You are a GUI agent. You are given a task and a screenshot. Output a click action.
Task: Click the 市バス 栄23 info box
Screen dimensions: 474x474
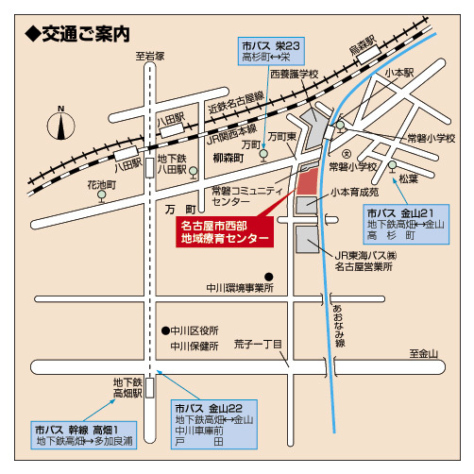[x=272, y=51]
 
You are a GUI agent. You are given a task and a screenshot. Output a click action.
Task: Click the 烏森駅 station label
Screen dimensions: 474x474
[x=363, y=43]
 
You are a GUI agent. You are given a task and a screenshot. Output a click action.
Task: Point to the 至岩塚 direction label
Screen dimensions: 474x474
[x=149, y=56]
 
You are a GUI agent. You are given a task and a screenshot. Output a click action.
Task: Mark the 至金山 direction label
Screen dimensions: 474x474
[x=424, y=354]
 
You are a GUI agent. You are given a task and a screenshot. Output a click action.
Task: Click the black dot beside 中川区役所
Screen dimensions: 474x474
[x=164, y=331]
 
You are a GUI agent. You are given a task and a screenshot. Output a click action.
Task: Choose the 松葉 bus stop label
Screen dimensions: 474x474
[x=407, y=178]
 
